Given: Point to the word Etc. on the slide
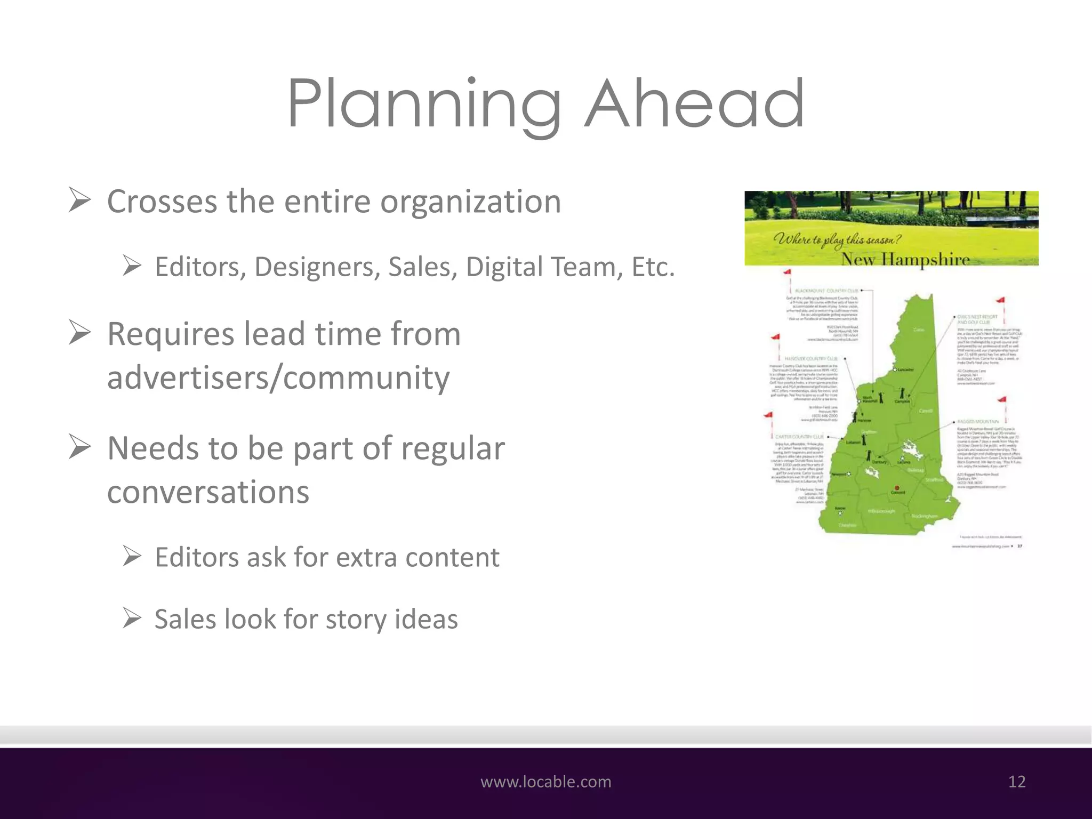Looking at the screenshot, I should click(653, 267).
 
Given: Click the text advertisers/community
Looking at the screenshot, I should click(278, 378).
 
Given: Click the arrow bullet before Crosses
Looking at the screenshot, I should click(80, 201).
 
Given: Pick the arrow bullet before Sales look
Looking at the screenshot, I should click(132, 619).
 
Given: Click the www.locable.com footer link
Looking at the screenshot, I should click(545, 782).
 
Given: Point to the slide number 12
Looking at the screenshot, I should click(1017, 782).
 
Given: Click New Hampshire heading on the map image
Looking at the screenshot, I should click(905, 259).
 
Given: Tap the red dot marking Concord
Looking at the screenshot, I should click(897, 487).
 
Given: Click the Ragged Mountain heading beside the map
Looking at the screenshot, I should click(978, 422).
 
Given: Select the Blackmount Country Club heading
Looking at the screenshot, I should click(826, 291).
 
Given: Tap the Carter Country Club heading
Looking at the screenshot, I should click(799, 437).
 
